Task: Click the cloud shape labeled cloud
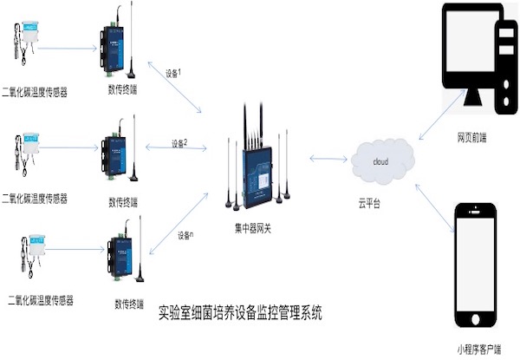coord(381,161)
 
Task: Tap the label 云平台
coord(370,202)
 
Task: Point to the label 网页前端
coord(472,138)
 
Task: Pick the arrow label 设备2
coord(179,142)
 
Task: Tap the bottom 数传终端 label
coord(129,303)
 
